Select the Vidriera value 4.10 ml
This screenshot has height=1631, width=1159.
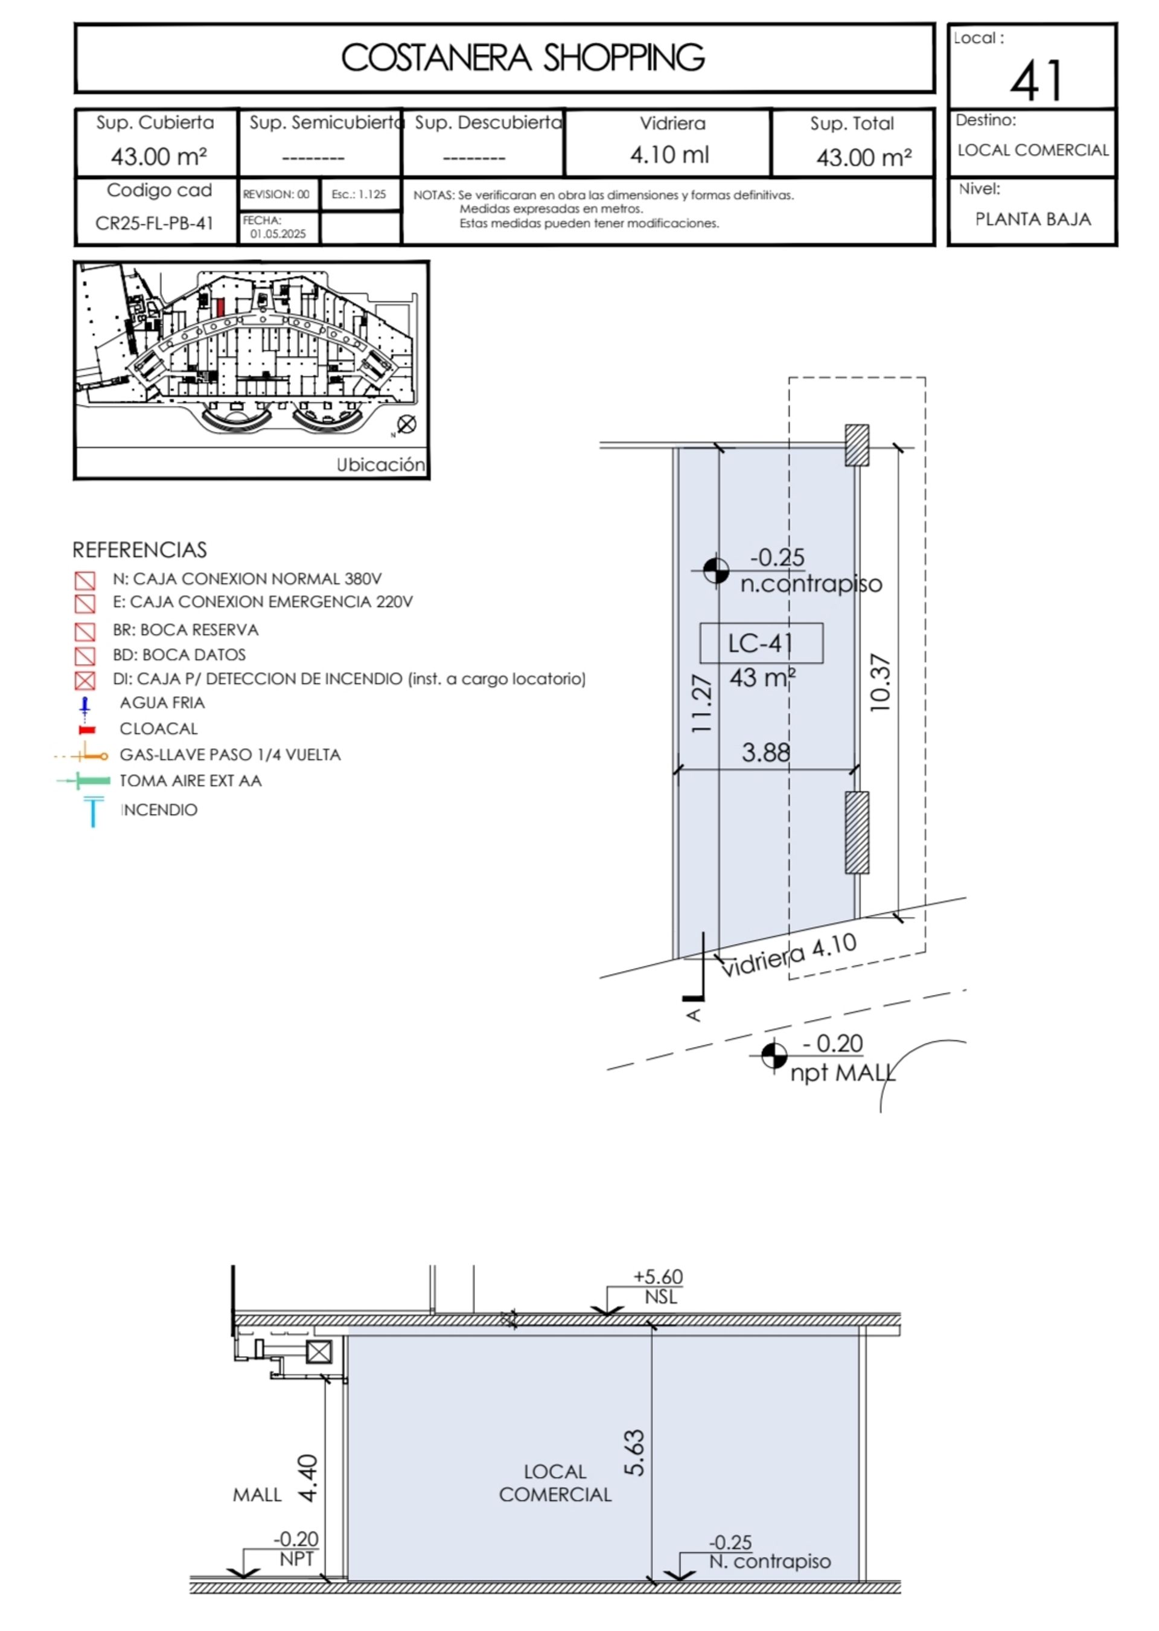click(669, 155)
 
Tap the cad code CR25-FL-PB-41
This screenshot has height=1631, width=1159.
click(154, 223)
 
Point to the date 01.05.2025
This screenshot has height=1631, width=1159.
click(278, 234)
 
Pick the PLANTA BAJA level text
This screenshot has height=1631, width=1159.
click(1033, 219)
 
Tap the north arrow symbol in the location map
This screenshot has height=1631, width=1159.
click(406, 425)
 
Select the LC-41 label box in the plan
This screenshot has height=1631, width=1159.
click(761, 643)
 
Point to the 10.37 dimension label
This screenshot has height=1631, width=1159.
click(881, 682)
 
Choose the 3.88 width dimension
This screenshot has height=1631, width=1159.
click(766, 752)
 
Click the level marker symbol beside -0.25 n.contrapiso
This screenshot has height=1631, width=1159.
click(716, 570)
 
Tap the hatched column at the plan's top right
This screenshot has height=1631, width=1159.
click(857, 446)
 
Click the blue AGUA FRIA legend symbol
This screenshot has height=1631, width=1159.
click(85, 707)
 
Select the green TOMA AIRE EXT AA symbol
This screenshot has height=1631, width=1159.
click(85, 781)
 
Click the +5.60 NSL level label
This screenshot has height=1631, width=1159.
click(657, 1286)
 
